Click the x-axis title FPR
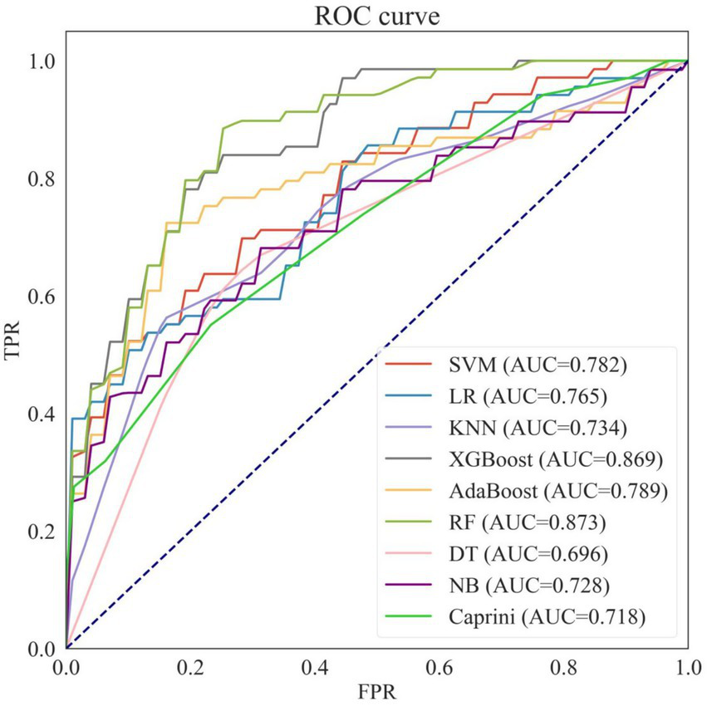point(376,689)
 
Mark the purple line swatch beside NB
point(412,585)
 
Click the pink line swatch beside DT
point(412,553)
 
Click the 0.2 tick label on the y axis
point(43,532)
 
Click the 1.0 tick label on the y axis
point(43,61)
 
